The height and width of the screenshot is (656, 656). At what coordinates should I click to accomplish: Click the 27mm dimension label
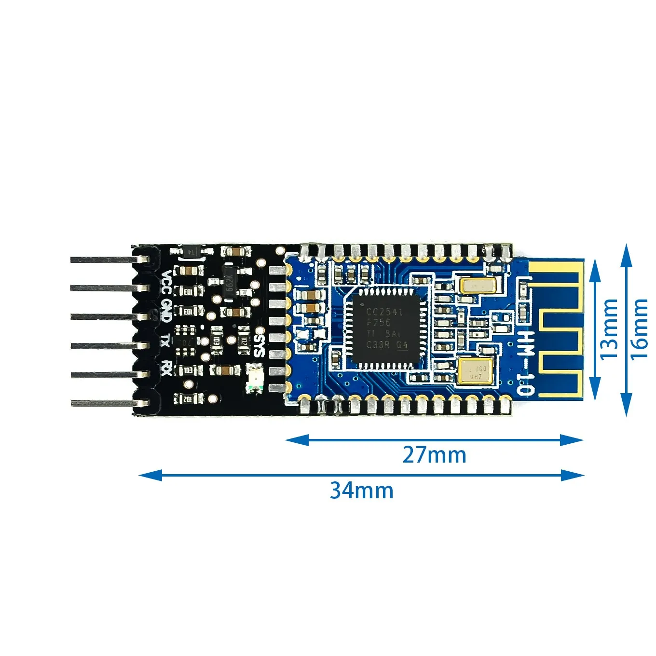(x=434, y=455)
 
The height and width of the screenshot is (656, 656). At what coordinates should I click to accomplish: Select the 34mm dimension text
(x=361, y=491)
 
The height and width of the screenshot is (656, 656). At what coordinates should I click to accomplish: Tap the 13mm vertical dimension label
(x=609, y=328)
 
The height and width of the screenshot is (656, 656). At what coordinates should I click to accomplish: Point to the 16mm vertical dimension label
(x=639, y=328)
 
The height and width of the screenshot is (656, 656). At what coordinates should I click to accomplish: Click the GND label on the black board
(x=165, y=311)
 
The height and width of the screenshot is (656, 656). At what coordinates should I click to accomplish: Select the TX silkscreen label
(x=165, y=341)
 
